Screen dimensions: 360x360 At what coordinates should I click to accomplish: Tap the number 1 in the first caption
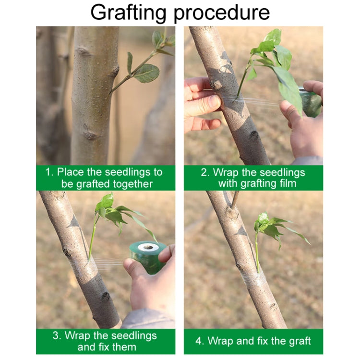tap(48, 172)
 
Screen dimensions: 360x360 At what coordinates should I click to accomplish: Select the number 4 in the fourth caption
tap(199, 341)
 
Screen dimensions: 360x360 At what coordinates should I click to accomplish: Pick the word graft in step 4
tap(298, 341)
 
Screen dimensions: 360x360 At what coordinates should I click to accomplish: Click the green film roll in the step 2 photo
tap(311, 101)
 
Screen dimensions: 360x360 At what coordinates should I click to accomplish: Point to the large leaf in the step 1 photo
tap(146, 73)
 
